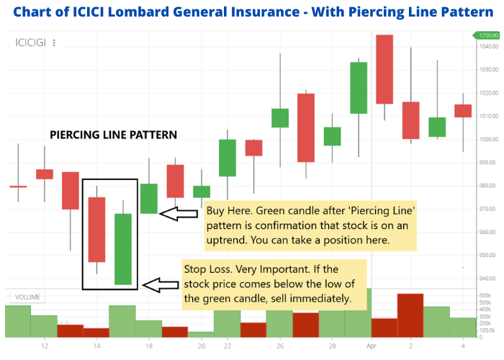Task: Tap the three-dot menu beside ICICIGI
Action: coord(54,42)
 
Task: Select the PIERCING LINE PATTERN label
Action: coord(113,135)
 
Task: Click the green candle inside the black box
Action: coord(123,249)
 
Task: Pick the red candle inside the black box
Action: coord(96,229)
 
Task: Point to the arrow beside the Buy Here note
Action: coord(177,214)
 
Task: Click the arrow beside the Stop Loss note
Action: coord(161,286)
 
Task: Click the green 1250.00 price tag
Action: coord(487,35)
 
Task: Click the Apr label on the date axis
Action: coord(372,346)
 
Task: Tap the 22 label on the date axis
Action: coord(228,346)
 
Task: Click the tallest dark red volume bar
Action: coord(410,315)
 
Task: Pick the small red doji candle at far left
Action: coord(18,186)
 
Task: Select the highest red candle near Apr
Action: coord(384,69)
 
